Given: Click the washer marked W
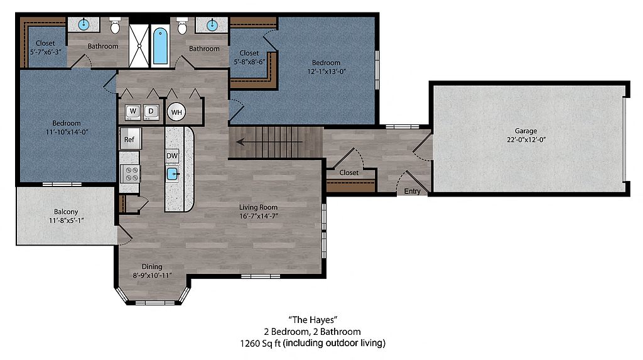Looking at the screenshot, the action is [x=133, y=112].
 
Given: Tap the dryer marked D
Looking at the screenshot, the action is [x=151, y=112].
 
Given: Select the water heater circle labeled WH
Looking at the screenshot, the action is [x=176, y=112].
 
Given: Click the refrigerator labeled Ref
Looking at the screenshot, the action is [x=130, y=138].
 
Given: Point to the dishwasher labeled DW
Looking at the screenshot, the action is [x=172, y=156].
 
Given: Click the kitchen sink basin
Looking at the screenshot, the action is [x=173, y=175].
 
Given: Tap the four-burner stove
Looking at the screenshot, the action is [x=131, y=174].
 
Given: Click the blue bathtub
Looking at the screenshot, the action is [x=160, y=46].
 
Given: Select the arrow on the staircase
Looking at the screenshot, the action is [x=269, y=142].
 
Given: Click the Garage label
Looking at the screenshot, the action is [x=526, y=131].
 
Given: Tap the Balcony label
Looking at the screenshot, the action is [x=65, y=212].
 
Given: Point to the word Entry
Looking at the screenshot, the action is [x=412, y=191].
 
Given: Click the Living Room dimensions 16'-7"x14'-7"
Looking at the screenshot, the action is [x=258, y=216].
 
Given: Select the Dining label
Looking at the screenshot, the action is [x=152, y=267].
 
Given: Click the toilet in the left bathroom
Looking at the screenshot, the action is [x=116, y=26].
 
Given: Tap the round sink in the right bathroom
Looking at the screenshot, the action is [x=212, y=26].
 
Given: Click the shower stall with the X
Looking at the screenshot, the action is [x=139, y=46].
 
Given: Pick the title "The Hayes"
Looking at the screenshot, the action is [x=313, y=320].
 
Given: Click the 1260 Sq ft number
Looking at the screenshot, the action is [x=261, y=343].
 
